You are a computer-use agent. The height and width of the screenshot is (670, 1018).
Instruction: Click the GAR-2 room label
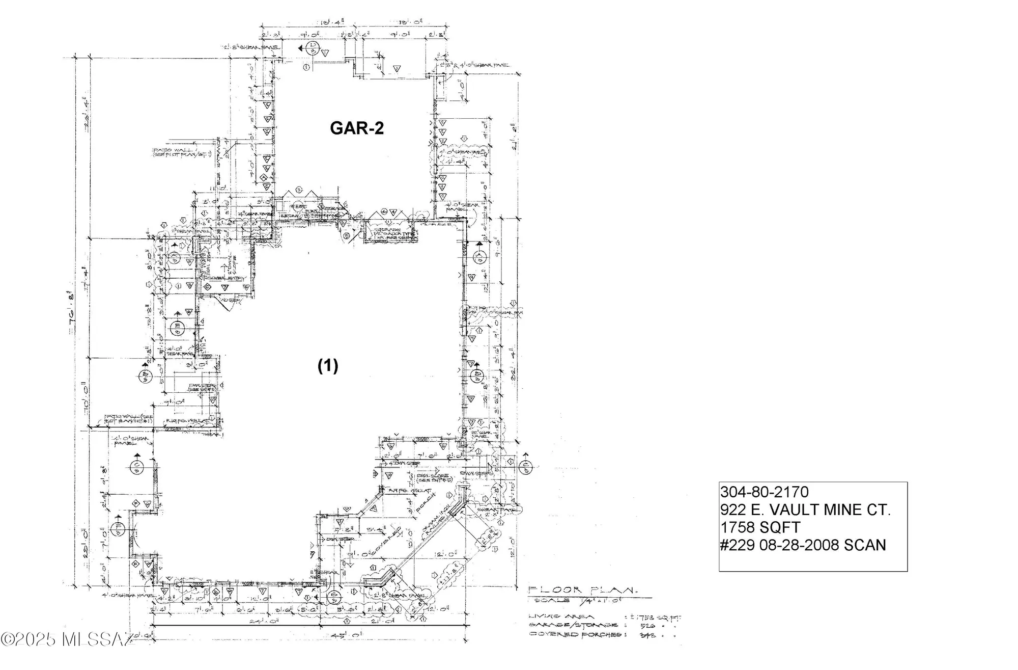[x=356, y=128]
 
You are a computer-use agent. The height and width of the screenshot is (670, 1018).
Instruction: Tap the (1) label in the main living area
[x=328, y=365]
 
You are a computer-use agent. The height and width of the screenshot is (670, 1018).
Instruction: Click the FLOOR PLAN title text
[x=583, y=590]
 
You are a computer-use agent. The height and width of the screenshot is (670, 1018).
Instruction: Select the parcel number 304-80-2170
[x=764, y=492]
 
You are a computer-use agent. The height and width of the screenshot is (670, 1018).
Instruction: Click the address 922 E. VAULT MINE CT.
[x=805, y=510]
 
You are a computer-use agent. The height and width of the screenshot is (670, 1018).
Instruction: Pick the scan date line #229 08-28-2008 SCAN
[x=803, y=545]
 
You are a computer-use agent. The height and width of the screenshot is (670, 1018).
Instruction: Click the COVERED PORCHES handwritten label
[x=575, y=635]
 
